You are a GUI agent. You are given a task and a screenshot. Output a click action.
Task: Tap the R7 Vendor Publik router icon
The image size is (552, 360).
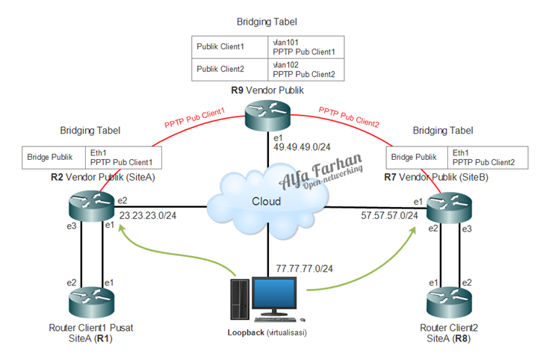(450, 206)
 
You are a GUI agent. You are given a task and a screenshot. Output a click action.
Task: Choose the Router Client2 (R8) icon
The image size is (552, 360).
(450, 300)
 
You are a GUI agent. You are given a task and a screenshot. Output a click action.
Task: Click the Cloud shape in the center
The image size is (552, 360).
(267, 201)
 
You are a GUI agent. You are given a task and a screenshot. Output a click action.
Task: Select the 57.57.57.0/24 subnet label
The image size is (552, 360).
(388, 216)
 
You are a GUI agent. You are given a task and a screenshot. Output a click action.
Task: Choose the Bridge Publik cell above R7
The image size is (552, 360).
(415, 157)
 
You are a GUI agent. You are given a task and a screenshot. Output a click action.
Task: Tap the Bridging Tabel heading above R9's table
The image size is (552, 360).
(267, 23)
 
